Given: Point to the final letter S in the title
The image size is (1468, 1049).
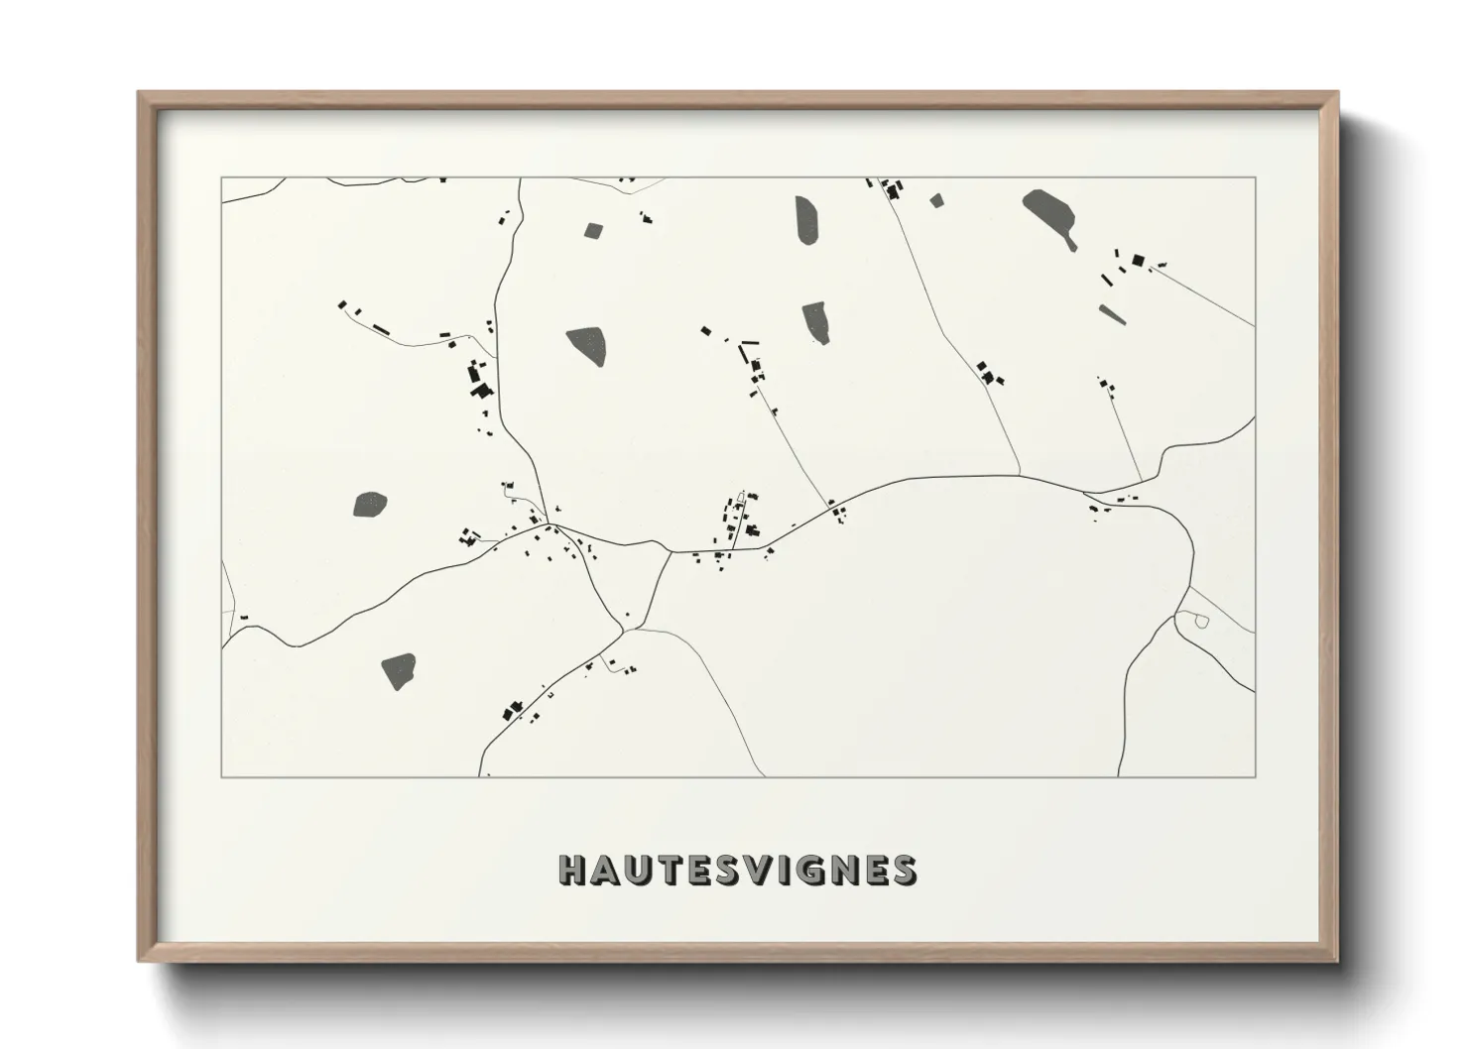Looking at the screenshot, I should pos(901,870).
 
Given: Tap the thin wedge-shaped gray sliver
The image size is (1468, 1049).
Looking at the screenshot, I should pos(1112,314).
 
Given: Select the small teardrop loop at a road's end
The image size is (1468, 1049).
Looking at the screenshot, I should pos(1200,622).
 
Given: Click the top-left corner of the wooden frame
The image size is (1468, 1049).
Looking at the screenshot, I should pos(139,93).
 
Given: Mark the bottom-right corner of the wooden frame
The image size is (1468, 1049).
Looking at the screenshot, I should pos(1337,961).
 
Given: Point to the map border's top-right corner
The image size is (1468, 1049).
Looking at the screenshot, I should pos(1255,177).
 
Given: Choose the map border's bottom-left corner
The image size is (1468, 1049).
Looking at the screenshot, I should pos(221,776).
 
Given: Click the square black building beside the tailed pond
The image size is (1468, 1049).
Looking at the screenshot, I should pos(1138,261).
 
